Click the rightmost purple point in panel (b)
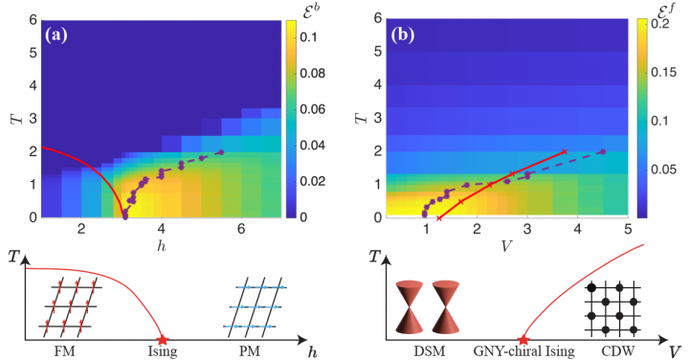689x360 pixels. point(602,151)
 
